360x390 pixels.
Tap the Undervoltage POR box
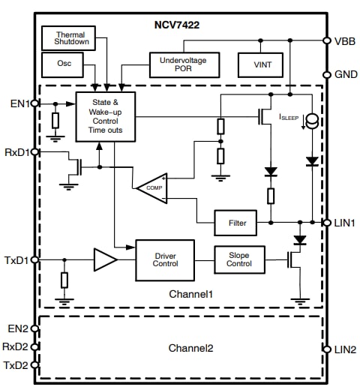tap(184, 64)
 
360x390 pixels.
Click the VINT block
tap(259, 64)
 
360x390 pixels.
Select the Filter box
tap(240, 222)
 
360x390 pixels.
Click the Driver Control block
tap(165, 259)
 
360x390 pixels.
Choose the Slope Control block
tap(239, 259)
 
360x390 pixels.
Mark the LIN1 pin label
tap(345, 222)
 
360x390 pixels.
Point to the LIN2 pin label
tap(345, 349)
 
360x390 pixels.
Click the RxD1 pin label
tap(16, 152)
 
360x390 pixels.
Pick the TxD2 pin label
tap(16, 365)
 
